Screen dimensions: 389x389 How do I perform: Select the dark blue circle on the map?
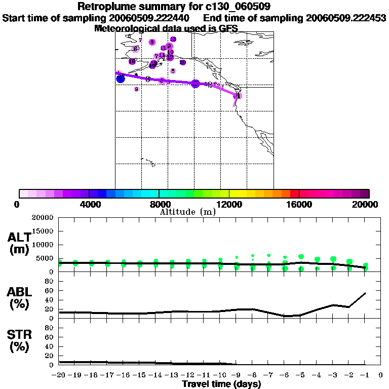click(120, 79)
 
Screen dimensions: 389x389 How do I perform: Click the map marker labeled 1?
click(238, 95)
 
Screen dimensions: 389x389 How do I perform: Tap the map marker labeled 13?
click(173, 39)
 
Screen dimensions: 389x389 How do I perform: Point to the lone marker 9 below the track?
click(136, 89)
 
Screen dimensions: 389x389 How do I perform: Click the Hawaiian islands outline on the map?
click(148, 163)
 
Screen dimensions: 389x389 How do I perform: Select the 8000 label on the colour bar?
click(159, 204)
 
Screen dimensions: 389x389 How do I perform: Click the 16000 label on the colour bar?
click(299, 204)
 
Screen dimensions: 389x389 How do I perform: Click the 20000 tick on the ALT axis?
click(43, 218)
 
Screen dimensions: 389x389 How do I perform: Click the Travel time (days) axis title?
click(221, 384)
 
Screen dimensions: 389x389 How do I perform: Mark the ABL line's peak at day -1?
click(365, 293)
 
